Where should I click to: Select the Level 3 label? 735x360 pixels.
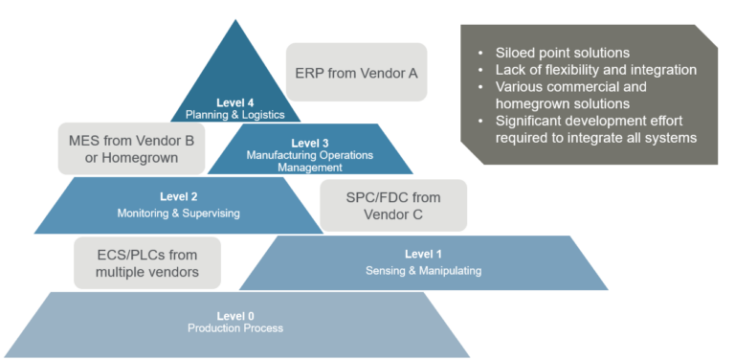click(x=309, y=143)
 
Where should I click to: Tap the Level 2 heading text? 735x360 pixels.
click(x=178, y=196)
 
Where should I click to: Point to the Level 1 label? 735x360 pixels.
click(x=423, y=254)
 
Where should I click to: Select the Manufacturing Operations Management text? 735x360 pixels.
click(x=309, y=161)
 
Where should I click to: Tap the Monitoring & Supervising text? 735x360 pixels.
click(x=178, y=213)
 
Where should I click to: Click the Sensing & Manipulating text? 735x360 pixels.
click(x=423, y=271)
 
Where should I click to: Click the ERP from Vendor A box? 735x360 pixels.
click(x=356, y=71)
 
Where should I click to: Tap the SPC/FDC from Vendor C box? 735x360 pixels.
click(x=393, y=206)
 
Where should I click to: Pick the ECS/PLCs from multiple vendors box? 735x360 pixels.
click(x=147, y=263)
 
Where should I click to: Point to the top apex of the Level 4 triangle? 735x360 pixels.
click(x=234, y=21)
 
